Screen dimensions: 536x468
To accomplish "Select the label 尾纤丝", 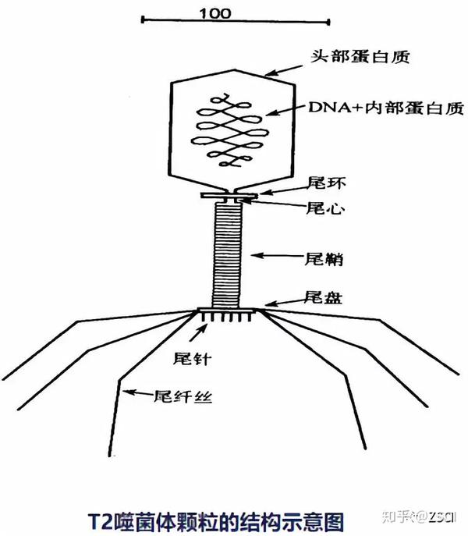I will (185, 396).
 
